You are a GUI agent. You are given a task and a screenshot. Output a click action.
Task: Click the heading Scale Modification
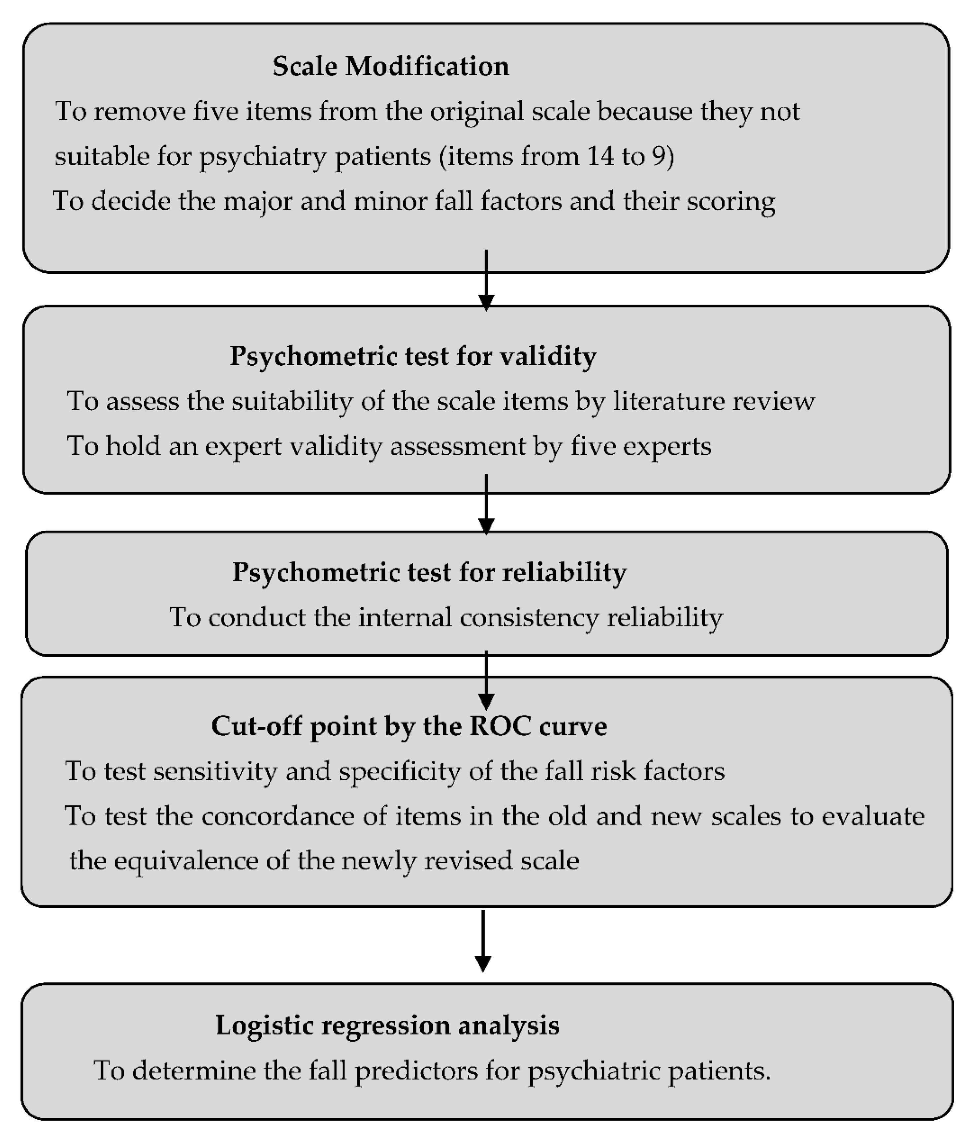point(391,66)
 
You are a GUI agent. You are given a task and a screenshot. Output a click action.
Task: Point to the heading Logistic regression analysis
point(387,1025)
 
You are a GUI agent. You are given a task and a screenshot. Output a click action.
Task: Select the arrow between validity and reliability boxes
point(486,505)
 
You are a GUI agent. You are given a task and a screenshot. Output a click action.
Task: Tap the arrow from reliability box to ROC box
point(486,681)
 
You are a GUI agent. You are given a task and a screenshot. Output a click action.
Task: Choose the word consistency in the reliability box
point(529,617)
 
